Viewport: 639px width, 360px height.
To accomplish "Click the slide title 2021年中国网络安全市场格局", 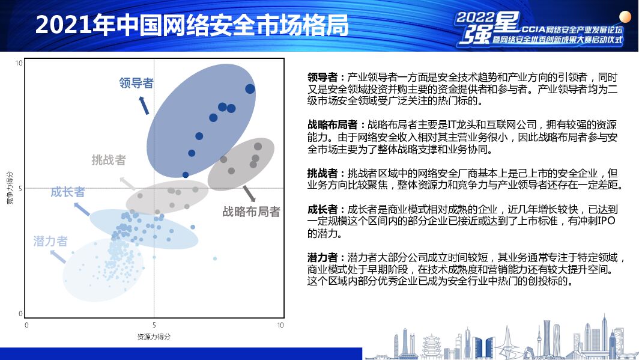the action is (x=192, y=25).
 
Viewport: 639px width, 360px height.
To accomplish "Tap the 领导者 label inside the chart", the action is (x=136, y=83).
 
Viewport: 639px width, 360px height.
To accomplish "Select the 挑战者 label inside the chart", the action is (x=109, y=160).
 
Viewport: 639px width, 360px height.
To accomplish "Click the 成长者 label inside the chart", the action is (x=68, y=192).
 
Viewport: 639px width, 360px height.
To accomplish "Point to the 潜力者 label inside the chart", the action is (x=50, y=242).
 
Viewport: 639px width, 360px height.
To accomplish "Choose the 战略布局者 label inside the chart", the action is (x=252, y=212).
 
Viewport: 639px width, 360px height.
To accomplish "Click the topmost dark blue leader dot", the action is (x=250, y=89).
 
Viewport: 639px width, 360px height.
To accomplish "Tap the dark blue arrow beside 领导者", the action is (x=144, y=105).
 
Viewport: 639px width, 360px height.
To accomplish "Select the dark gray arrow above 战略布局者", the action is (x=249, y=194).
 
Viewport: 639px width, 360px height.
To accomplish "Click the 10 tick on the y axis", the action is (x=19, y=63).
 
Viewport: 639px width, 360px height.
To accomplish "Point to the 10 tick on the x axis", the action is (x=280, y=325).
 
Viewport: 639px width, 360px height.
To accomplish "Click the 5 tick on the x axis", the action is (x=154, y=325).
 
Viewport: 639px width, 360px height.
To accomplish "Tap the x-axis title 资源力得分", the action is (x=154, y=337).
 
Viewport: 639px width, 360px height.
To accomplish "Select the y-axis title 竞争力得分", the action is (x=10, y=188).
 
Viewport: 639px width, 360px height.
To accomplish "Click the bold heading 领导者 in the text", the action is (x=323, y=78).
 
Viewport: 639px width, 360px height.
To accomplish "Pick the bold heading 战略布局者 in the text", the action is (x=333, y=125).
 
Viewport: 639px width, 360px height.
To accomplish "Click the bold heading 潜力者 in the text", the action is (x=323, y=258).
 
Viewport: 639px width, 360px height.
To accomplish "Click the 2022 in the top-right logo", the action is (x=475, y=17).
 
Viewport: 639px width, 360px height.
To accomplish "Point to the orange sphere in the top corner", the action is (x=625, y=17).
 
